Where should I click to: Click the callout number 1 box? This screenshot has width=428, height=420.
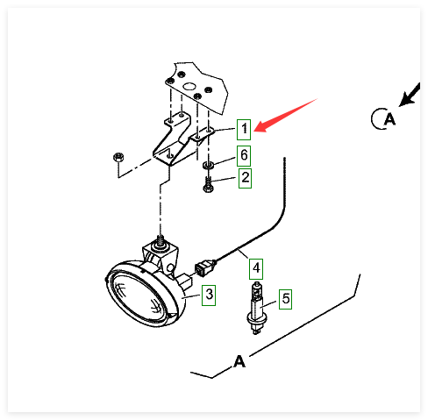click(244, 129)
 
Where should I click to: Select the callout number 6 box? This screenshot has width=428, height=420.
click(244, 155)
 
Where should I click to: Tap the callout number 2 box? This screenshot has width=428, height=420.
click(245, 178)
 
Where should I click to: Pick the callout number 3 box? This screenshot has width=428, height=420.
click(209, 295)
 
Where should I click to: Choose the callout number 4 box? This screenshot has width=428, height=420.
click(256, 268)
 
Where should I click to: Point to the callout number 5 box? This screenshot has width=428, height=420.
click(285, 299)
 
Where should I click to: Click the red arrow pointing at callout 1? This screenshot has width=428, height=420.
click(286, 115)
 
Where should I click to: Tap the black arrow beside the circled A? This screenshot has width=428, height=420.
click(410, 95)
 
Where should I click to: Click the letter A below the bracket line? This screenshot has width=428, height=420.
click(239, 361)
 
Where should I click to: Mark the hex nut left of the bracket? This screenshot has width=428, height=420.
click(118, 157)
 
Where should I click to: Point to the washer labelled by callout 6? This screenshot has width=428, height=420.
click(208, 166)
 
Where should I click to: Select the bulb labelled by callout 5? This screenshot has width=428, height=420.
click(256, 308)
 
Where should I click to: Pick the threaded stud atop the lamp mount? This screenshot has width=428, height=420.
click(160, 241)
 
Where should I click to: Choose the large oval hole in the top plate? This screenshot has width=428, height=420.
click(189, 87)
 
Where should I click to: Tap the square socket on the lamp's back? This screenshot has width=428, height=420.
click(185, 281)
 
